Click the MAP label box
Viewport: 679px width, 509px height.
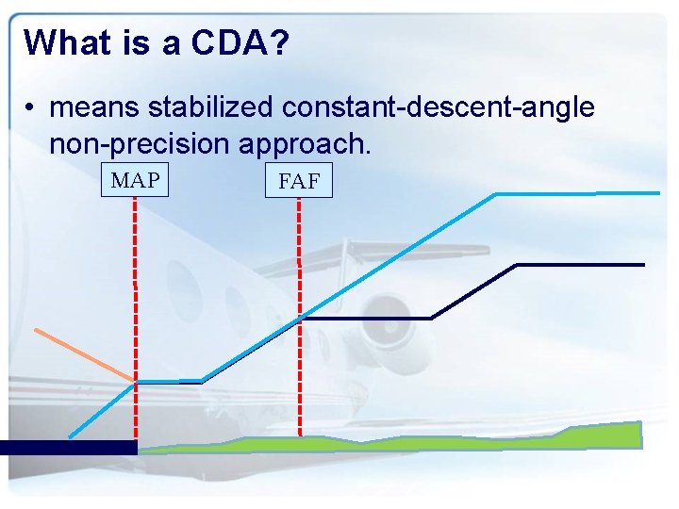pyautogui.click(x=135, y=180)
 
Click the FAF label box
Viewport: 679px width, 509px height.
pyautogui.click(x=299, y=182)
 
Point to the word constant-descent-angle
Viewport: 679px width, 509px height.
pyautogui.click(x=438, y=107)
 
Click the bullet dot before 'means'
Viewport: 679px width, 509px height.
pyautogui.click(x=31, y=108)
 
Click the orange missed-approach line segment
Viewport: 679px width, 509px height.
pyautogui.click(x=85, y=354)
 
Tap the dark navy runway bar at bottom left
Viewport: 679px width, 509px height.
pyautogui.click(x=68, y=448)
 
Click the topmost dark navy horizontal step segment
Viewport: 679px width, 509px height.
pyautogui.click(x=580, y=265)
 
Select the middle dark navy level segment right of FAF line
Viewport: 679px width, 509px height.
pyautogui.click(x=366, y=319)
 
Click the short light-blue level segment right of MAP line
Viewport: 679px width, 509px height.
pyautogui.click(x=169, y=381)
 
